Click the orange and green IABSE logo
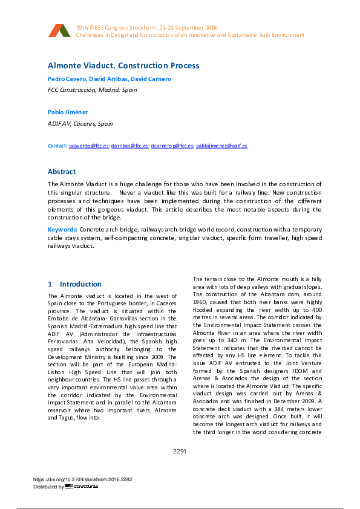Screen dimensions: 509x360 click(60, 31)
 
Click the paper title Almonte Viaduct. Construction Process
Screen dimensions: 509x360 click(123, 65)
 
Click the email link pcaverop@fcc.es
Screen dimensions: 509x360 click(89, 146)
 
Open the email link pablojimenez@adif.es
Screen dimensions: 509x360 click(221, 146)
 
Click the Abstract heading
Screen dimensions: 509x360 click(62, 172)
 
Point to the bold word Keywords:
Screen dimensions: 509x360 click(63, 230)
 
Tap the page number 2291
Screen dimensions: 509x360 click(180, 451)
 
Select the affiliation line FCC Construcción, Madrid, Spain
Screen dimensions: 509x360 click(92, 89)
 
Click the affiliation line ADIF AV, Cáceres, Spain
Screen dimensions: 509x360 click(80, 123)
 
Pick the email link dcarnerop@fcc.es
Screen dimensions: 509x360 click(172, 146)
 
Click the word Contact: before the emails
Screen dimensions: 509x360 click(57, 146)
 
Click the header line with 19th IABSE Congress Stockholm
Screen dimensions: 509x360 click(147, 28)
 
